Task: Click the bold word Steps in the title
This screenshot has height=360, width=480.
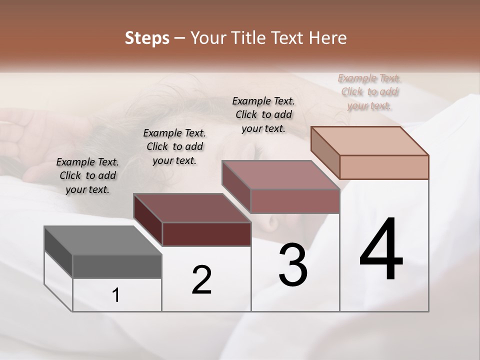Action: (147, 38)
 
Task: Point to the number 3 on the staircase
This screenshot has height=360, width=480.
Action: (293, 265)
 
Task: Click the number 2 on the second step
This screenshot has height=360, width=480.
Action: (202, 280)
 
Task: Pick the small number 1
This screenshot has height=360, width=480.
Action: (116, 295)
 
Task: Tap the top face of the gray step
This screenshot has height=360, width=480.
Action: (103, 240)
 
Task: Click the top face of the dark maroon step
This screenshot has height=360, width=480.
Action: (192, 208)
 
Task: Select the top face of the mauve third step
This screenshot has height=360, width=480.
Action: (280, 175)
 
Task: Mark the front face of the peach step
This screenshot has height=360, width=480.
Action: (384, 167)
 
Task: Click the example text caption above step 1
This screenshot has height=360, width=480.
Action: (87, 176)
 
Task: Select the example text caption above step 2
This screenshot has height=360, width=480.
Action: (174, 147)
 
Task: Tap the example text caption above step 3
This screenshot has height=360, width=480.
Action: (263, 114)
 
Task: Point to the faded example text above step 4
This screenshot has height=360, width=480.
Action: (369, 92)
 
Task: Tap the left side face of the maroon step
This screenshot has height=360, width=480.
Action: (148, 219)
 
